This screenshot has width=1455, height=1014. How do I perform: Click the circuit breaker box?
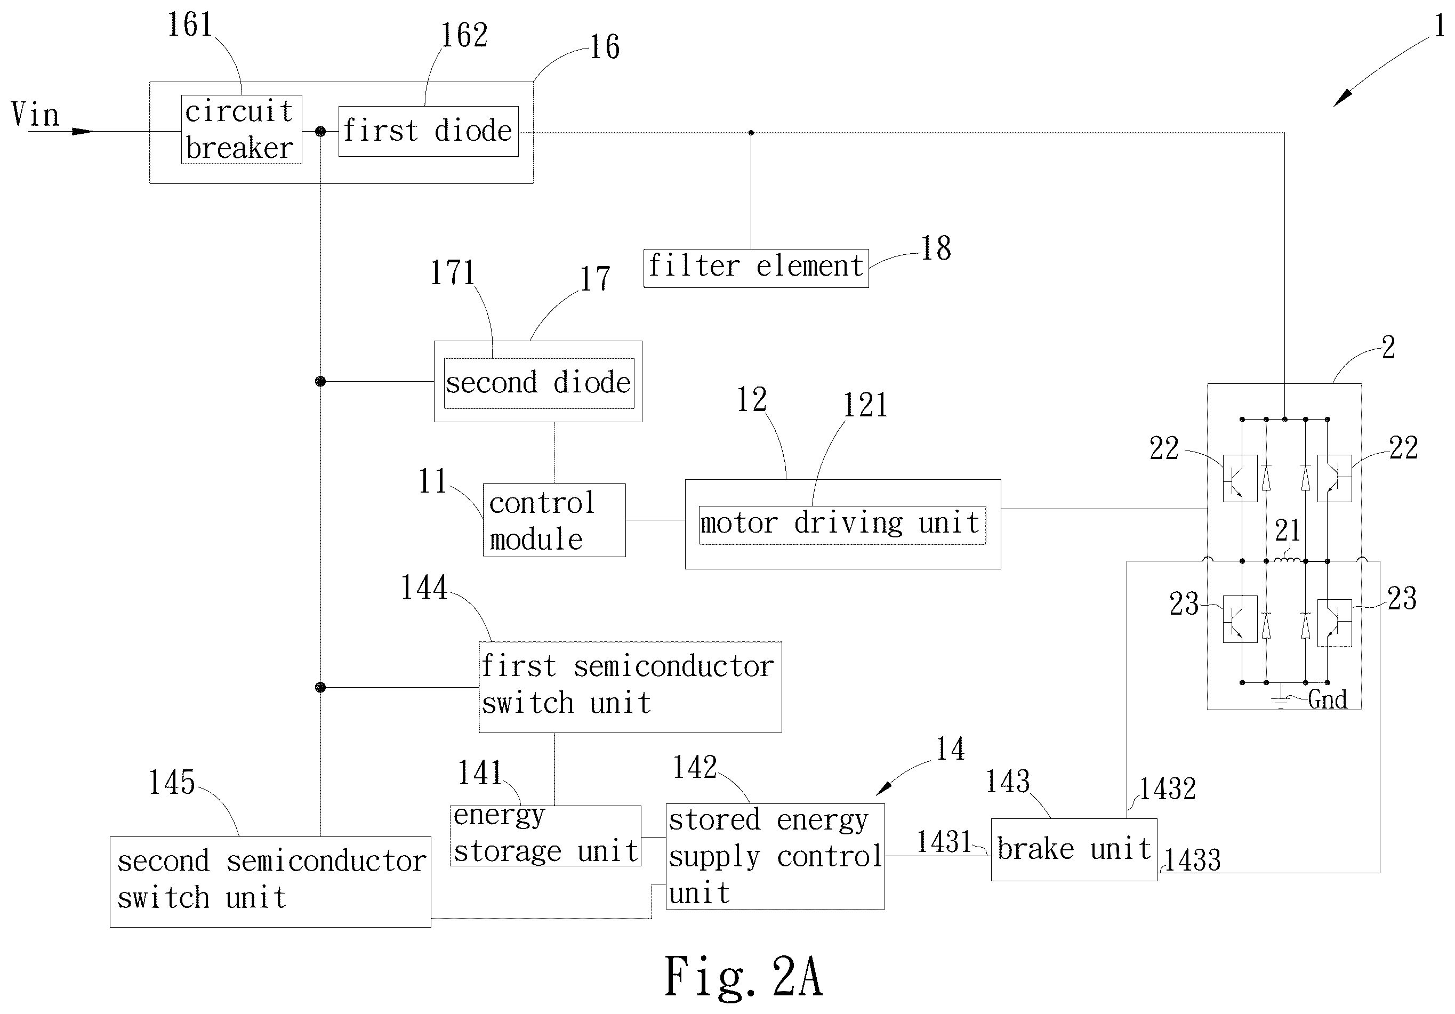242,130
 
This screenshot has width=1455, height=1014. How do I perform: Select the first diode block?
428,131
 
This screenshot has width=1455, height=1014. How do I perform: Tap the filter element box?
756,268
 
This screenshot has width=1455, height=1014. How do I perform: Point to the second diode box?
538,383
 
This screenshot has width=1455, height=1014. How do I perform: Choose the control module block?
554,520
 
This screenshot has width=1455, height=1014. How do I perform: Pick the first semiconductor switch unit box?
630,687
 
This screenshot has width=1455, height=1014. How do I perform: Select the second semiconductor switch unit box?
271,882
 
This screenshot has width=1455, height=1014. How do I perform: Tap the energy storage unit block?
545,835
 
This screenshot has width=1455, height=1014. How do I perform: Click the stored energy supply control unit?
775,856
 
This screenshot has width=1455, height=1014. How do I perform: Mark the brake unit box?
1074,849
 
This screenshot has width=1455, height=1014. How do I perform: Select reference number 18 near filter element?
936,248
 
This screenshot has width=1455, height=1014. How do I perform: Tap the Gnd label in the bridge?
1328,699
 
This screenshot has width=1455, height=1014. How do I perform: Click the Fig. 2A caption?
743,977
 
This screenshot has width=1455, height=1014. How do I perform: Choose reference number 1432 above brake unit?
1167,789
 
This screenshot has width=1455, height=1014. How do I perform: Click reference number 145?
171,783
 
